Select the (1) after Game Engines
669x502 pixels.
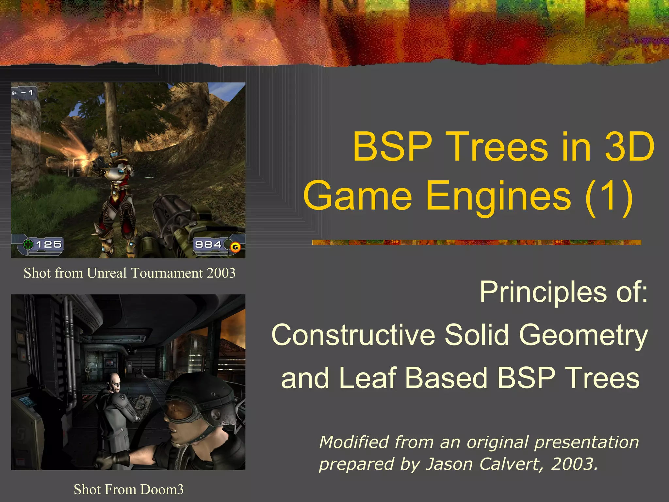(x=609, y=196)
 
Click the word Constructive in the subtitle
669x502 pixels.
(x=353, y=335)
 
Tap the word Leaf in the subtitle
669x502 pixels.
(x=368, y=378)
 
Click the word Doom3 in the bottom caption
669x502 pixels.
(x=162, y=490)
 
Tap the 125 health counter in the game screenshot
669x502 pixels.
(x=49, y=244)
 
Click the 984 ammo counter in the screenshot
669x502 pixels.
(x=208, y=244)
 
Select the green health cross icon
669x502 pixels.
(x=28, y=244)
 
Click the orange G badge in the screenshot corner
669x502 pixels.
(x=235, y=247)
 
